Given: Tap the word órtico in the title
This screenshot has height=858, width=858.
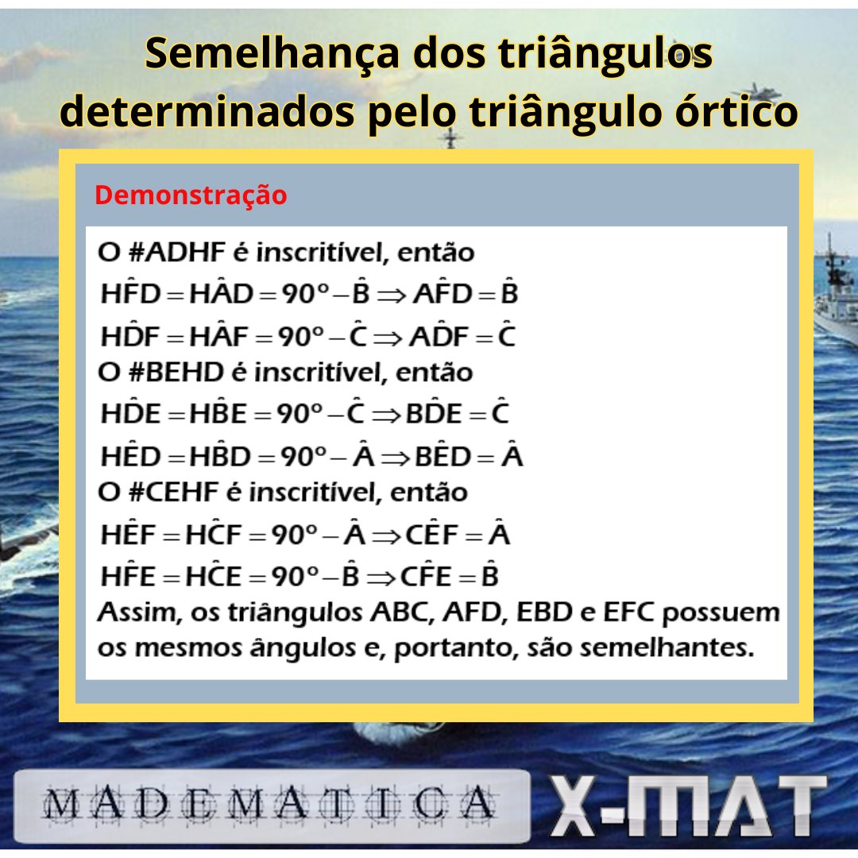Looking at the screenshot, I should click(722, 113).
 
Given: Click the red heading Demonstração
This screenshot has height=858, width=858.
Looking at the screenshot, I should click(191, 195).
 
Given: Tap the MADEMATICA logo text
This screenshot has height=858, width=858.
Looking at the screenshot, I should click(270, 805).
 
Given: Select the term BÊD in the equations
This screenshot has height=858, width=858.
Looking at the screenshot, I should click(440, 457).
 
